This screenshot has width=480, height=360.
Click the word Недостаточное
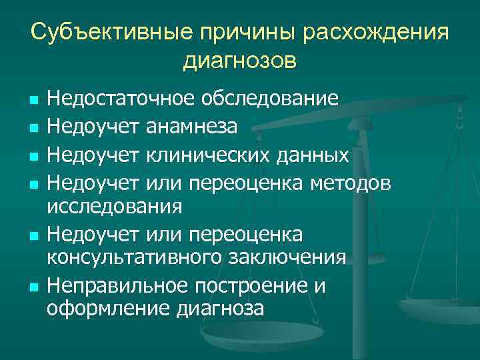tap(121, 99)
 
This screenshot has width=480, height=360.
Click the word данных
tap(315, 155)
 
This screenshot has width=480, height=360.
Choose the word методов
tap(360, 181)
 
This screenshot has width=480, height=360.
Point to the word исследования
tap(114, 207)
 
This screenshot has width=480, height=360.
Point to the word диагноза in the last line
tap(221, 309)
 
